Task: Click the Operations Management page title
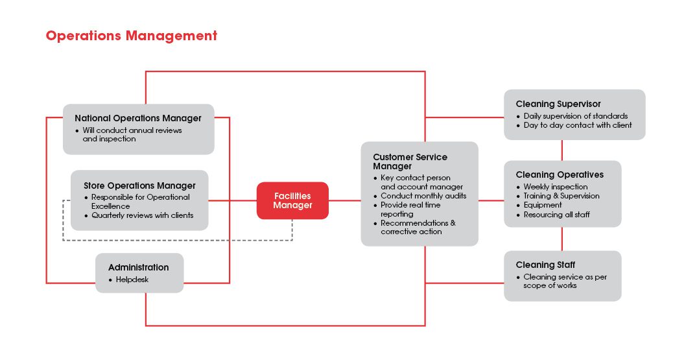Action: (131, 36)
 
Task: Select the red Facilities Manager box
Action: (292, 200)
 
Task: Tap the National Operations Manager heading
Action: (138, 118)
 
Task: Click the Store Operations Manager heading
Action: (139, 186)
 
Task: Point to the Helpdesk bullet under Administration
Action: (132, 280)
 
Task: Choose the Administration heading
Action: (138, 267)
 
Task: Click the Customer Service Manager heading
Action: (410, 162)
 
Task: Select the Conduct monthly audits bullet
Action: (423, 196)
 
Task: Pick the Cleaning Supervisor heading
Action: (558, 104)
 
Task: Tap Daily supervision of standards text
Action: (575, 116)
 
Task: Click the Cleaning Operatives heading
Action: (560, 174)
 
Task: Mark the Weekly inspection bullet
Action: (556, 187)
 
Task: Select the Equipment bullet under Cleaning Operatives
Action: (543, 205)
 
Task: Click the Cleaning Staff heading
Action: (545, 265)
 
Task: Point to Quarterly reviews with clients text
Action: (142, 215)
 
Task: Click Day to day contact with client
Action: (577, 125)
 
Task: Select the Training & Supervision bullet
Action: (561, 196)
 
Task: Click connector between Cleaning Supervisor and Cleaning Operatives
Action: (562, 150)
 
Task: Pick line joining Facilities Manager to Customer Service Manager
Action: (344, 200)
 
